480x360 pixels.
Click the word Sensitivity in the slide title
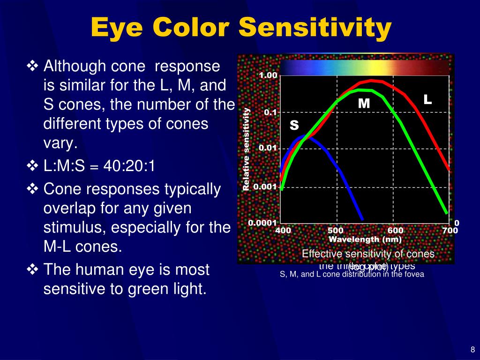point(315,28)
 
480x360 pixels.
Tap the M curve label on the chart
point(364,103)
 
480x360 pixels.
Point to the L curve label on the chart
point(427,99)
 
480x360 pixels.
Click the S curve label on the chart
point(294,125)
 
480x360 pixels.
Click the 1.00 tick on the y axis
point(268,76)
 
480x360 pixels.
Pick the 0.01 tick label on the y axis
point(268,149)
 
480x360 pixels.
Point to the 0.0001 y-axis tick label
point(263,223)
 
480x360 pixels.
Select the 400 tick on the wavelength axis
point(283,231)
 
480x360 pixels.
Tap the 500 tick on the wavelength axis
point(336,231)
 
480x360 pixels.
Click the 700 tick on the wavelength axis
point(450,231)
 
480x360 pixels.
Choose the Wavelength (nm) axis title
point(365,239)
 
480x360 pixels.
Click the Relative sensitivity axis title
point(246,149)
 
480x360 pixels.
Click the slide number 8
point(472,349)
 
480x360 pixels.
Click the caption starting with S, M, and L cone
point(352,275)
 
